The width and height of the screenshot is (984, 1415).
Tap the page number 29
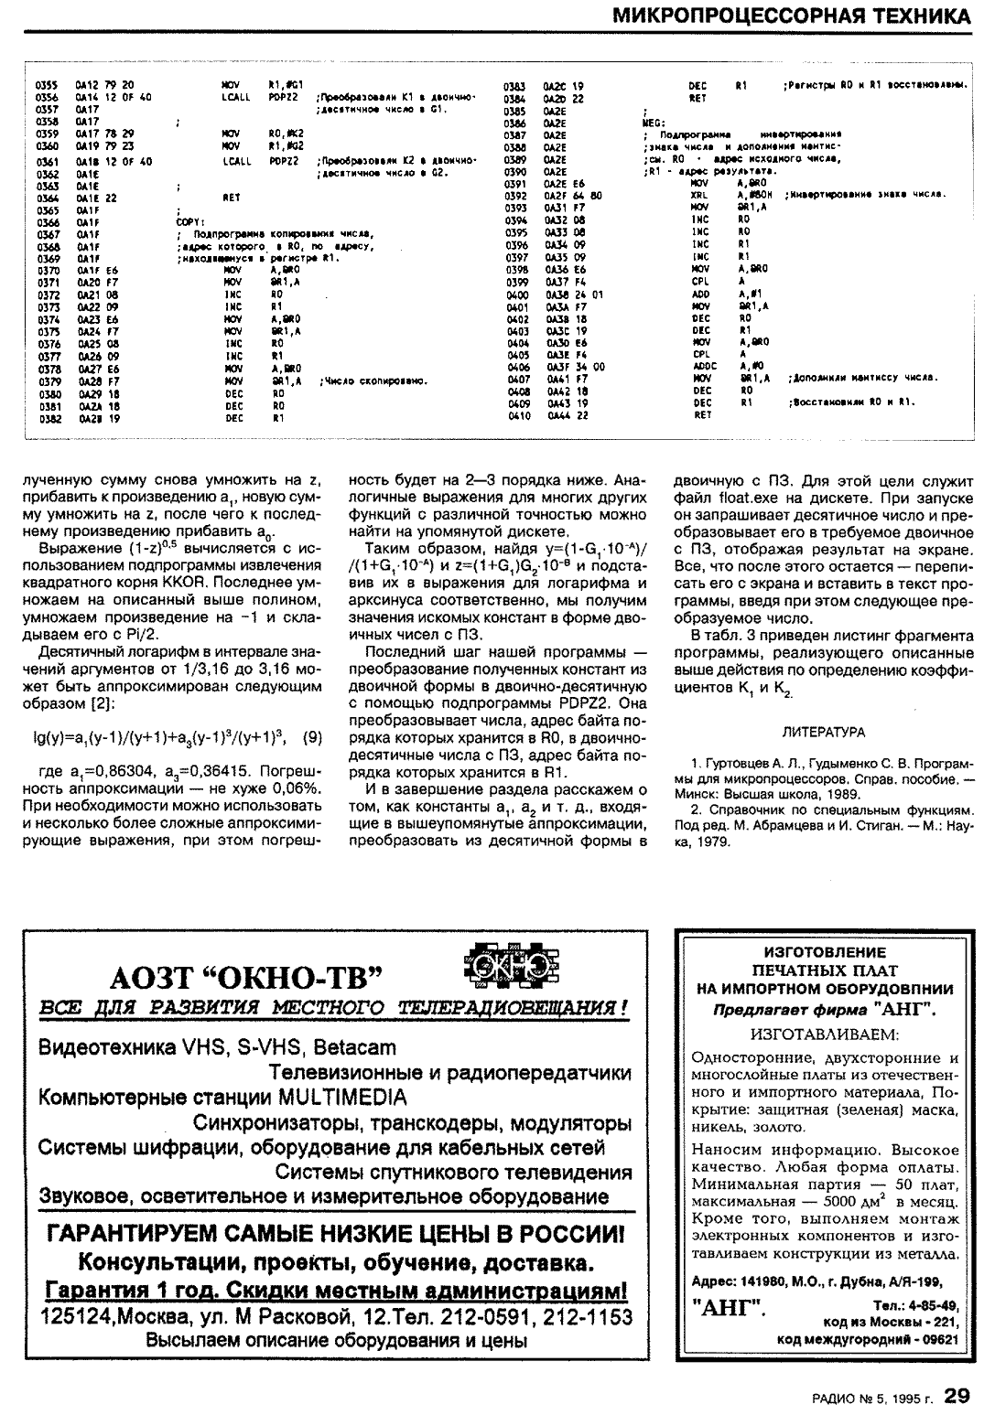pos(957,1396)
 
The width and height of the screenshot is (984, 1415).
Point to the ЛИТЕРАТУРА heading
pos(824,733)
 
